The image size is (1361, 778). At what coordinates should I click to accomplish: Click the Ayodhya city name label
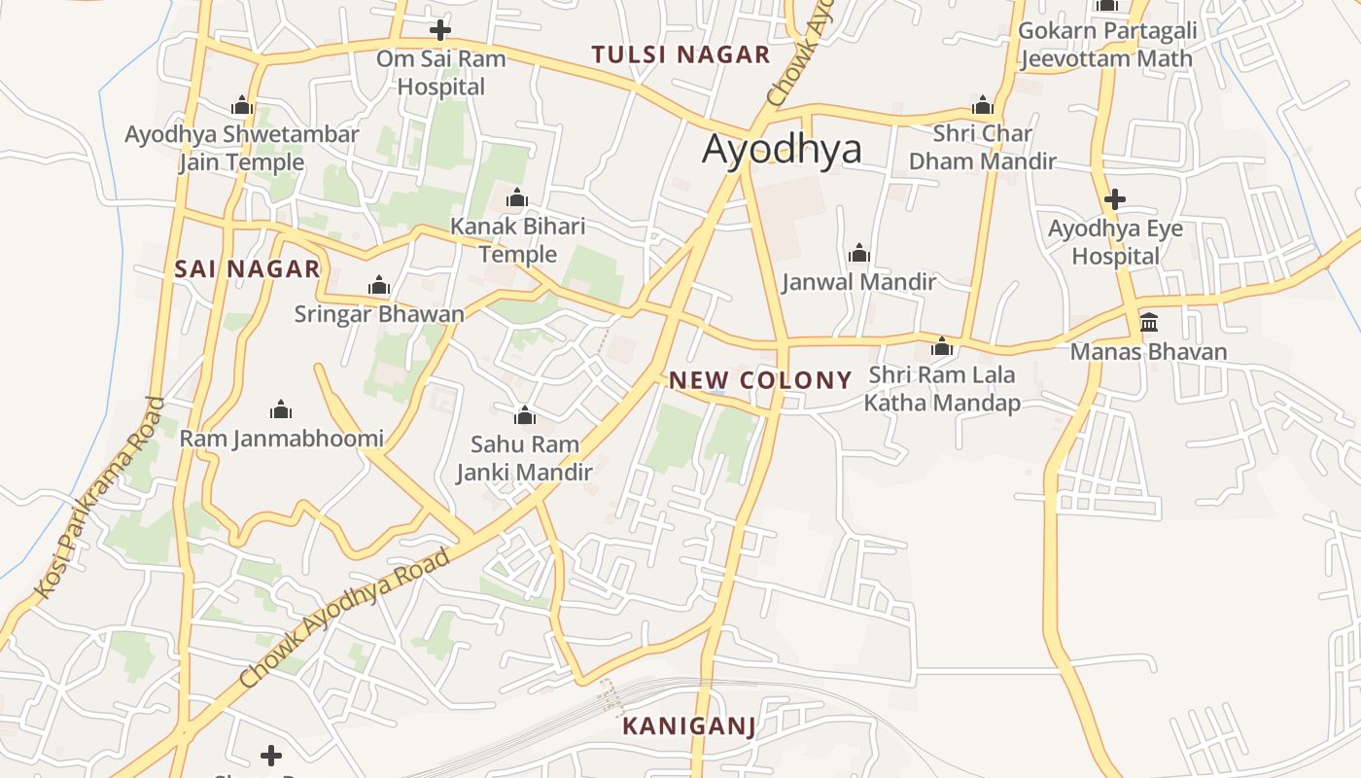click(x=782, y=150)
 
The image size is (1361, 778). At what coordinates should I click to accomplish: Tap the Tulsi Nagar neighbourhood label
click(x=680, y=54)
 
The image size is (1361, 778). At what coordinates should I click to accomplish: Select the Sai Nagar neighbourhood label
click(x=247, y=269)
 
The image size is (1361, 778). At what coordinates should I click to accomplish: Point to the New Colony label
click(x=760, y=380)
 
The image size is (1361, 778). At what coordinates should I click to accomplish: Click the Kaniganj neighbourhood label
click(x=688, y=725)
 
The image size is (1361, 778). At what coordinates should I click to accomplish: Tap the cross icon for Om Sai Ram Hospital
click(x=440, y=29)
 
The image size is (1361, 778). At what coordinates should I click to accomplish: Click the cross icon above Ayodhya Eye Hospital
click(x=1115, y=200)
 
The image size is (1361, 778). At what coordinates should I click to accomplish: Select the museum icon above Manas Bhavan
click(x=1148, y=322)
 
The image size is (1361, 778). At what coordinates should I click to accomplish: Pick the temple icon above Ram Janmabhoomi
click(x=281, y=409)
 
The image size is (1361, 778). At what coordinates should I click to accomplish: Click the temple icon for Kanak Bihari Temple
click(x=517, y=199)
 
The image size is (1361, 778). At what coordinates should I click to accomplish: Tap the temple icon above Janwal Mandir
click(x=858, y=254)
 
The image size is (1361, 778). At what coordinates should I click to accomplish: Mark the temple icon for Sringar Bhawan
click(x=379, y=286)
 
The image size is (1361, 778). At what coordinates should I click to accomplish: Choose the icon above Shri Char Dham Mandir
click(x=982, y=105)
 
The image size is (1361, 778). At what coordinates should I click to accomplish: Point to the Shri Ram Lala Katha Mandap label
click(x=942, y=389)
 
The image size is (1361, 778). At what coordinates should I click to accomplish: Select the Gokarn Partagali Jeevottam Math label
click(x=1107, y=45)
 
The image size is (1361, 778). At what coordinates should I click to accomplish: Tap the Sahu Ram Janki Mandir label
click(x=525, y=459)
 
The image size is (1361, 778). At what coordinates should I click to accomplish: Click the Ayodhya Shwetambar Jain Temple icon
click(x=242, y=106)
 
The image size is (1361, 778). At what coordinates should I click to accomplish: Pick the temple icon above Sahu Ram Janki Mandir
click(x=525, y=416)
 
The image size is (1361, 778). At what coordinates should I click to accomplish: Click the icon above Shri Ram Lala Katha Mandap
click(x=941, y=346)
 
